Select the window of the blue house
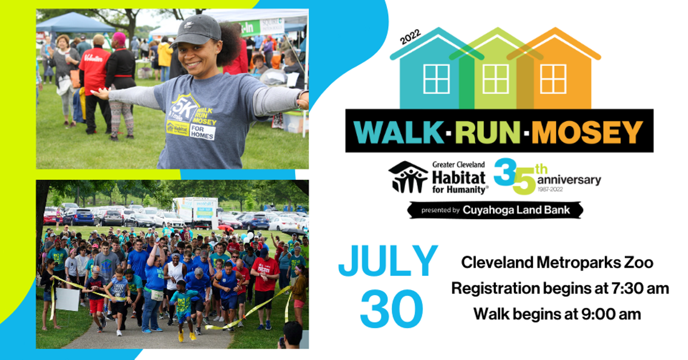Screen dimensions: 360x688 [x=437, y=79]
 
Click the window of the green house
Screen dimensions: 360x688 [x=495, y=79]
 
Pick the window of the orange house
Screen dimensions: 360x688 [x=553, y=79]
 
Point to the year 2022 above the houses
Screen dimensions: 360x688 [x=411, y=38]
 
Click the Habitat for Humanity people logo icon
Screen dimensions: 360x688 [x=408, y=177]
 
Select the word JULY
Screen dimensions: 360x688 [x=388, y=263]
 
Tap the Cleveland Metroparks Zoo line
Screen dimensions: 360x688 [x=557, y=263]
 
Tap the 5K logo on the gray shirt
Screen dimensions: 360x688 [x=181, y=107]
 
